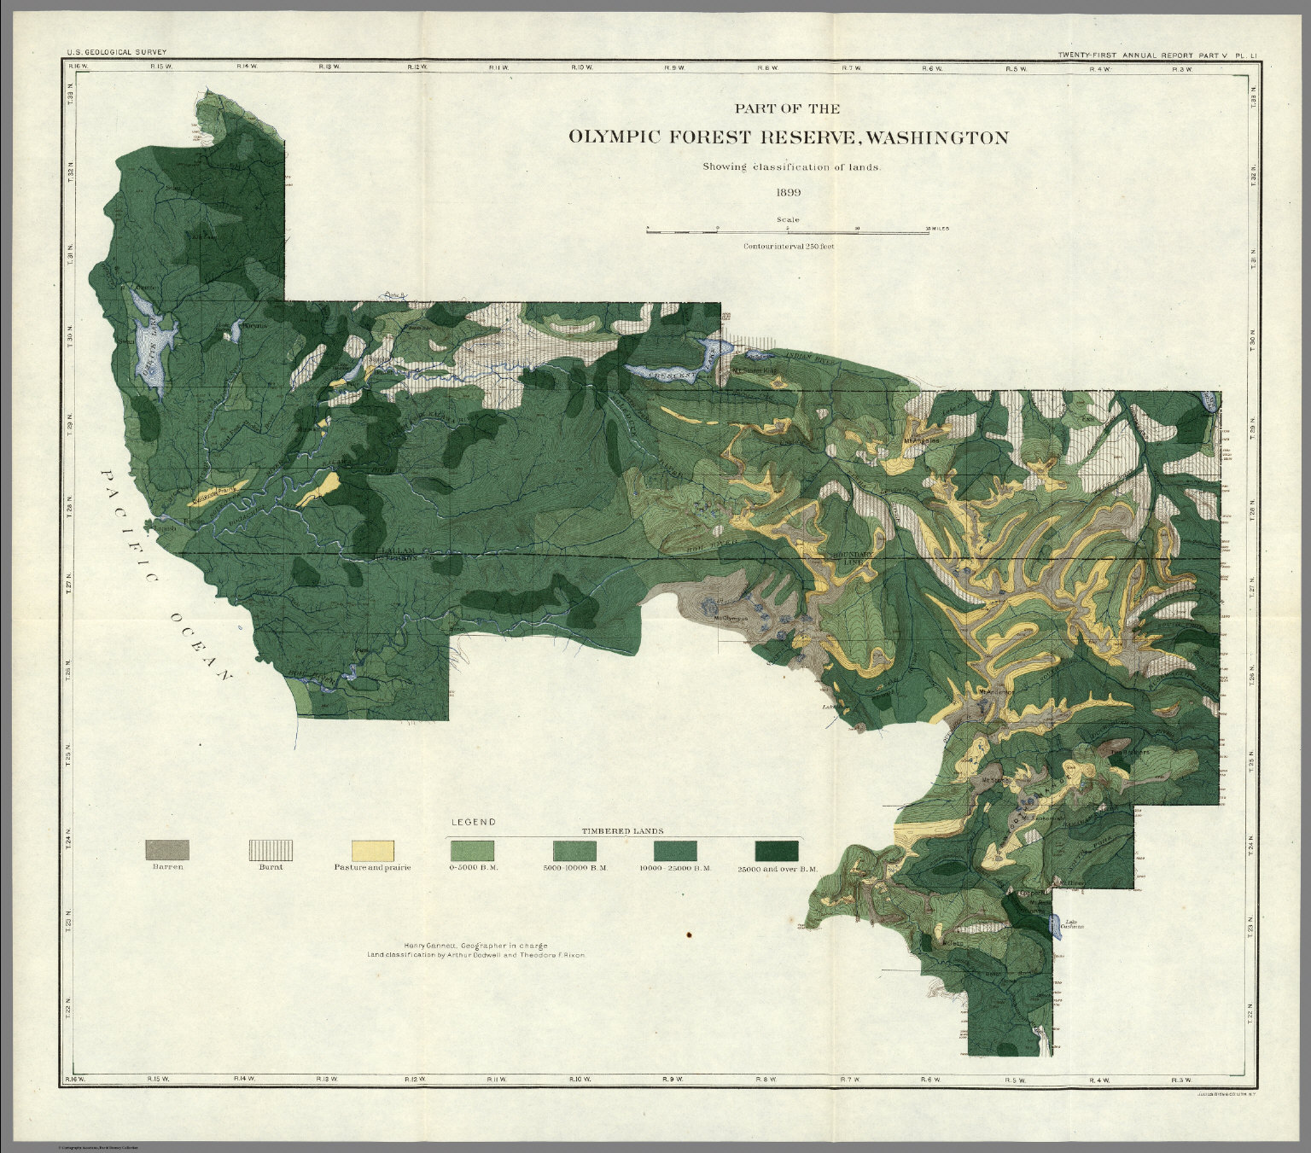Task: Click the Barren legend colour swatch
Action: click(167, 850)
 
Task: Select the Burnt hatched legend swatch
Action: click(270, 850)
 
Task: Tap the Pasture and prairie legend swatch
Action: click(373, 850)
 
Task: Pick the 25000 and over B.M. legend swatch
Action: click(777, 850)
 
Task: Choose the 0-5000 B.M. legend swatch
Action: click(472, 850)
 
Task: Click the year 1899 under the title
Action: click(788, 192)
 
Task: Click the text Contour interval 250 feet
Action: click(788, 246)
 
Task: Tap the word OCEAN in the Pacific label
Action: click(201, 644)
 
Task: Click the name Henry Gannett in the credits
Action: click(435, 946)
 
